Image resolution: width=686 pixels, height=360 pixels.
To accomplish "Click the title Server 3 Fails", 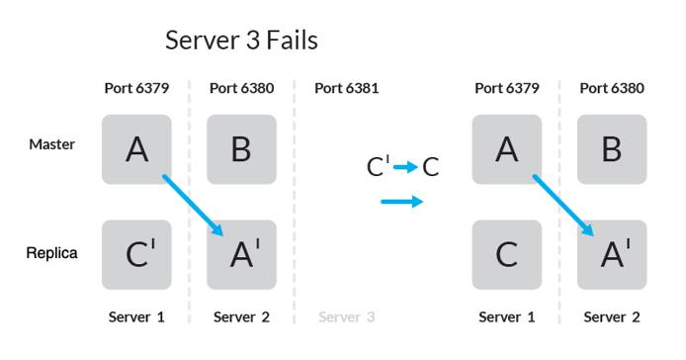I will click(x=241, y=41).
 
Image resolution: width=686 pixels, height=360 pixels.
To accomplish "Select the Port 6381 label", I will click(x=346, y=88).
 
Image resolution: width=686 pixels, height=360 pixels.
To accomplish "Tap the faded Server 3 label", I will click(x=346, y=317).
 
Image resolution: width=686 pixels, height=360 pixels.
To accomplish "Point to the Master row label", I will click(x=51, y=144).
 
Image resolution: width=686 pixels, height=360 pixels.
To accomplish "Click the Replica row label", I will click(x=51, y=254).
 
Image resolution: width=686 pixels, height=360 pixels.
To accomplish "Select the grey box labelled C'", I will click(x=136, y=254).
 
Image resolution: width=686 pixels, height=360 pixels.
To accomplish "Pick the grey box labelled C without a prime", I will click(x=506, y=254).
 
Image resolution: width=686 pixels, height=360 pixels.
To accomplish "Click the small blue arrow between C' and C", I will click(x=405, y=167).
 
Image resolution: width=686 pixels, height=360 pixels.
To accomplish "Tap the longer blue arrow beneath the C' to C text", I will click(x=401, y=202).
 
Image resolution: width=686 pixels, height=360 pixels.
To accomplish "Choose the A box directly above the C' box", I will click(x=136, y=149).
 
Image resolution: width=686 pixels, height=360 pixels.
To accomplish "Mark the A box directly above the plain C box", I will click(x=506, y=149).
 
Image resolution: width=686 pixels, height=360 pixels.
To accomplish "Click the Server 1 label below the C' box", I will click(x=136, y=317).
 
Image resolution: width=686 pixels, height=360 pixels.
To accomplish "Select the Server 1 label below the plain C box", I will click(x=506, y=317).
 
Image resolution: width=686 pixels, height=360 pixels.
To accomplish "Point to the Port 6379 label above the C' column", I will click(x=136, y=88).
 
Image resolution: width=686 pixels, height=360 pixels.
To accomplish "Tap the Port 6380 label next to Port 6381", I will click(x=241, y=88).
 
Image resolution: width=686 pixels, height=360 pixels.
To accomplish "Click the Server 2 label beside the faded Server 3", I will click(x=241, y=317).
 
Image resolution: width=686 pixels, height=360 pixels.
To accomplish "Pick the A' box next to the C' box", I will click(x=241, y=254).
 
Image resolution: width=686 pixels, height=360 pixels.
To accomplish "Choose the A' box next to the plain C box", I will click(x=612, y=254).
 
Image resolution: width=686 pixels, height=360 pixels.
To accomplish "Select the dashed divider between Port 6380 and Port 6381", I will click(x=294, y=198).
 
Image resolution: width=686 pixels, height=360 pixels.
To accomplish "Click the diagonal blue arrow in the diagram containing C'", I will click(x=193, y=205).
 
